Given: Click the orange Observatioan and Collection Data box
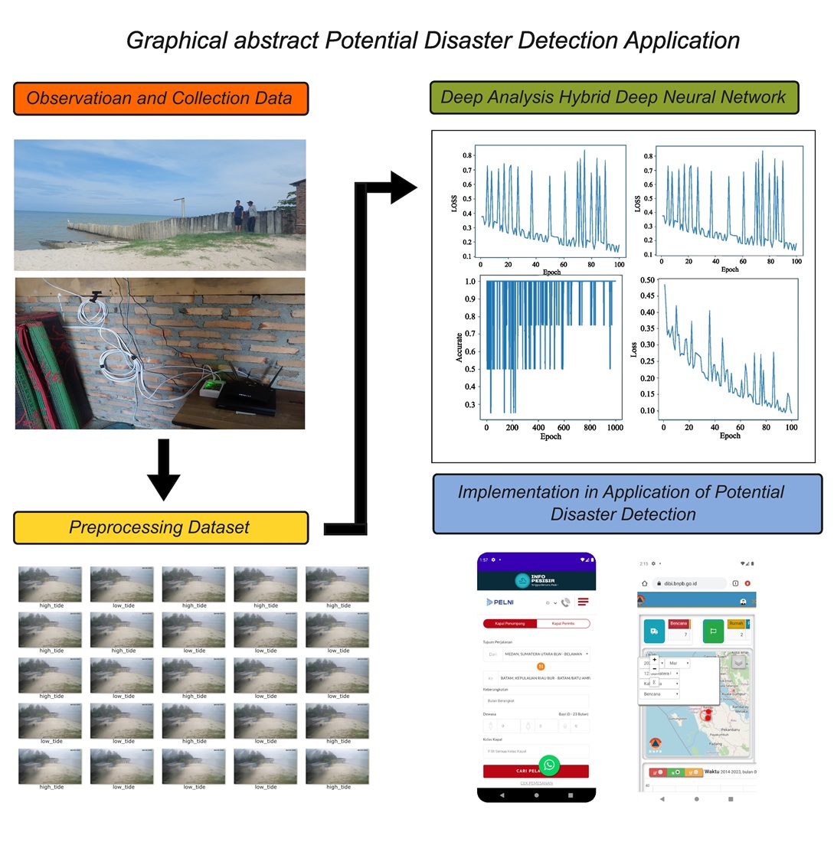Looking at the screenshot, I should (x=160, y=99).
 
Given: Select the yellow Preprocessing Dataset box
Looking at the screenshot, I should (x=160, y=527).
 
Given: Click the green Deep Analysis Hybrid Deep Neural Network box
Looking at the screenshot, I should (x=613, y=97).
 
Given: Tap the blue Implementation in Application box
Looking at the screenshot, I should (x=626, y=503).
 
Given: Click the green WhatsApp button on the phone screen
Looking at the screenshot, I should (x=549, y=765).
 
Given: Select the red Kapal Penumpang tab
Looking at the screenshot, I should (x=510, y=624).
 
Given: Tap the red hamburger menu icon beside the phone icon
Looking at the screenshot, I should (x=583, y=602).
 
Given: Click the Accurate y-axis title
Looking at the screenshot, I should (x=460, y=347).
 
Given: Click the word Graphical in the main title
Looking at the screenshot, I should (x=174, y=41).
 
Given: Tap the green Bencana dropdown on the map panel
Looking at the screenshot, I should (x=659, y=694).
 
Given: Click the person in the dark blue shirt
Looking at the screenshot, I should (x=238, y=216).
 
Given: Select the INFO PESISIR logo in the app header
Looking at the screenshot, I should (x=535, y=581).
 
